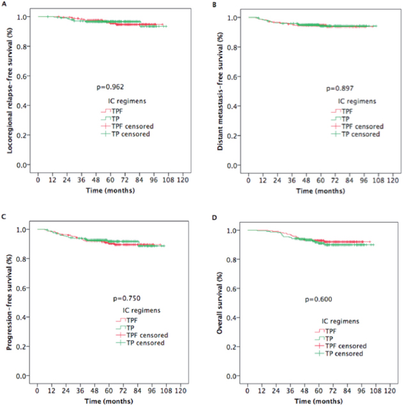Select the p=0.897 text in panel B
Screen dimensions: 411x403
(x=339, y=88)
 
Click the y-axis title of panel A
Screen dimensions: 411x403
(x=10, y=89)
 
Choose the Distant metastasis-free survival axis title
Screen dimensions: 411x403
(x=221, y=89)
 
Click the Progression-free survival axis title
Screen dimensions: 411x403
(x=10, y=302)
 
